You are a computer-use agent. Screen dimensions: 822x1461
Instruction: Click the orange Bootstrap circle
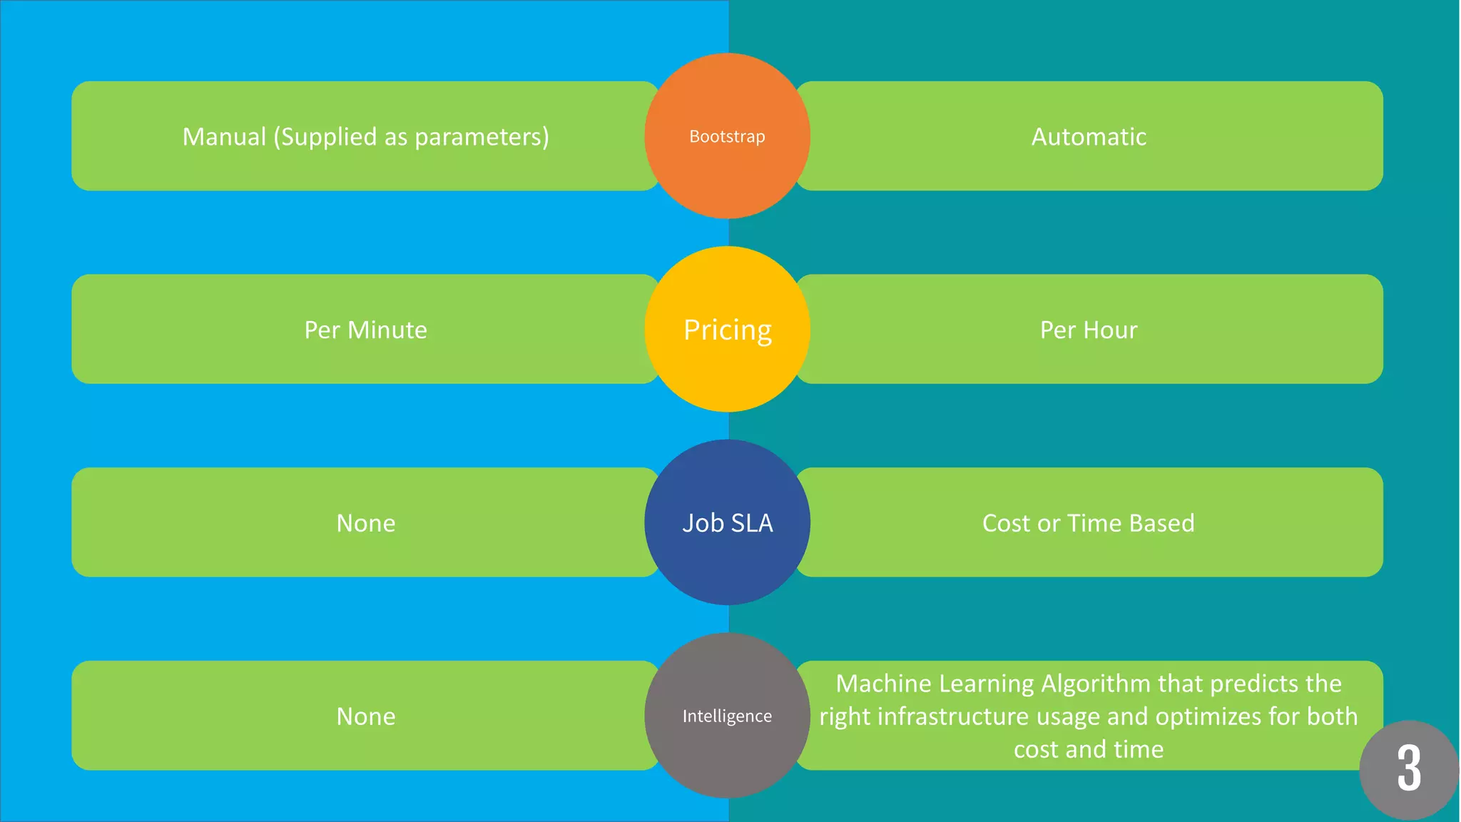(727, 136)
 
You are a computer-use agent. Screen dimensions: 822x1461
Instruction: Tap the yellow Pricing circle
(727, 330)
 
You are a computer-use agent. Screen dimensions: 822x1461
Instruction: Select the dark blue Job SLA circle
(727, 523)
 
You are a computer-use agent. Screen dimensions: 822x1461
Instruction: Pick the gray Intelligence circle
(727, 716)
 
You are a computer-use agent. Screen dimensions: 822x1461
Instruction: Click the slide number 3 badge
(1408, 769)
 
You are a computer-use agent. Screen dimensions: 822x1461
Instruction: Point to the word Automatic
(1089, 136)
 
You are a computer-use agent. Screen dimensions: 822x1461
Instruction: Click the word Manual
(224, 136)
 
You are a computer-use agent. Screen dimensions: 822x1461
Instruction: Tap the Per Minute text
(365, 330)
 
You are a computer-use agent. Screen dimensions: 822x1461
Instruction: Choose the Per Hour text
(1089, 330)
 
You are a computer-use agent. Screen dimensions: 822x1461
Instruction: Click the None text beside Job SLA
(365, 523)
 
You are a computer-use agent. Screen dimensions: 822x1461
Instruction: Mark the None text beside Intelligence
(365, 716)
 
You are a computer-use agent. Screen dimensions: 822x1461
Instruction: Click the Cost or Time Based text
(1088, 523)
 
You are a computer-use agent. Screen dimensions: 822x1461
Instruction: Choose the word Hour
(1111, 330)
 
